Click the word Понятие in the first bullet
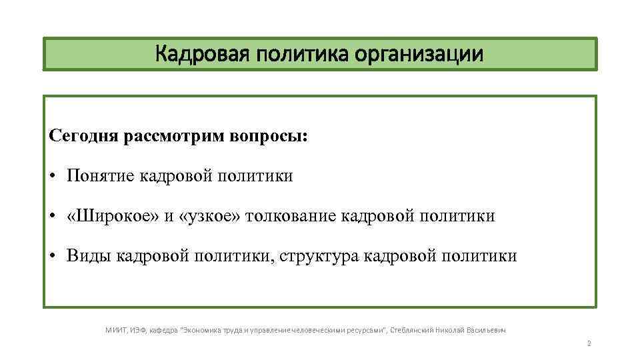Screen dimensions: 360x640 101,176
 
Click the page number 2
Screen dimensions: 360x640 589,344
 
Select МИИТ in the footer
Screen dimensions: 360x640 117,329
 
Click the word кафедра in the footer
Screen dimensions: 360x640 163,329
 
